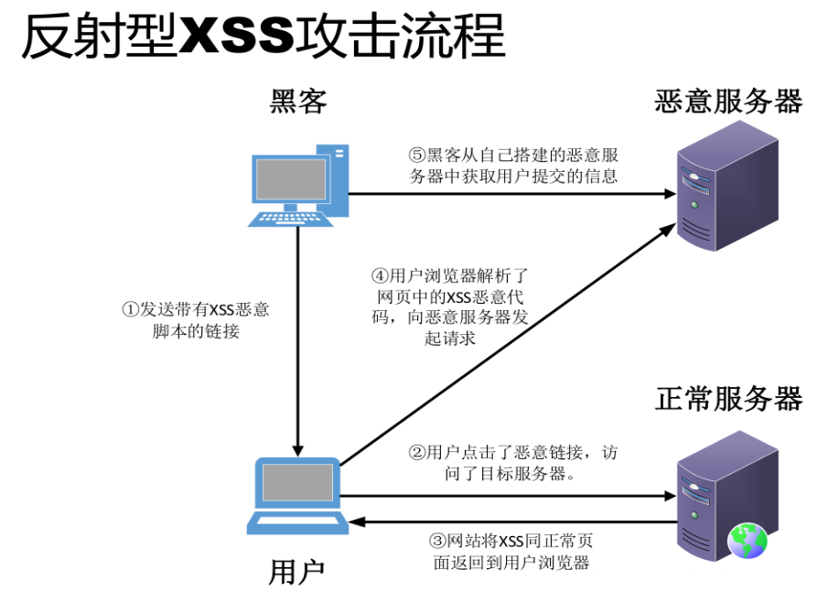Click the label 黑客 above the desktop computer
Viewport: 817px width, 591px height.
point(298,101)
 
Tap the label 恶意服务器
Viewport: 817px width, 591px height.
point(728,101)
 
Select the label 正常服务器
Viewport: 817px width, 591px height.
point(728,399)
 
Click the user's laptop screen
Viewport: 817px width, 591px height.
point(297,482)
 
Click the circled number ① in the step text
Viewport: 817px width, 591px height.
point(129,309)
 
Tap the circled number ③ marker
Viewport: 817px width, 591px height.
point(437,540)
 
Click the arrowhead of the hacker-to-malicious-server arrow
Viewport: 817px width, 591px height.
point(667,194)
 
